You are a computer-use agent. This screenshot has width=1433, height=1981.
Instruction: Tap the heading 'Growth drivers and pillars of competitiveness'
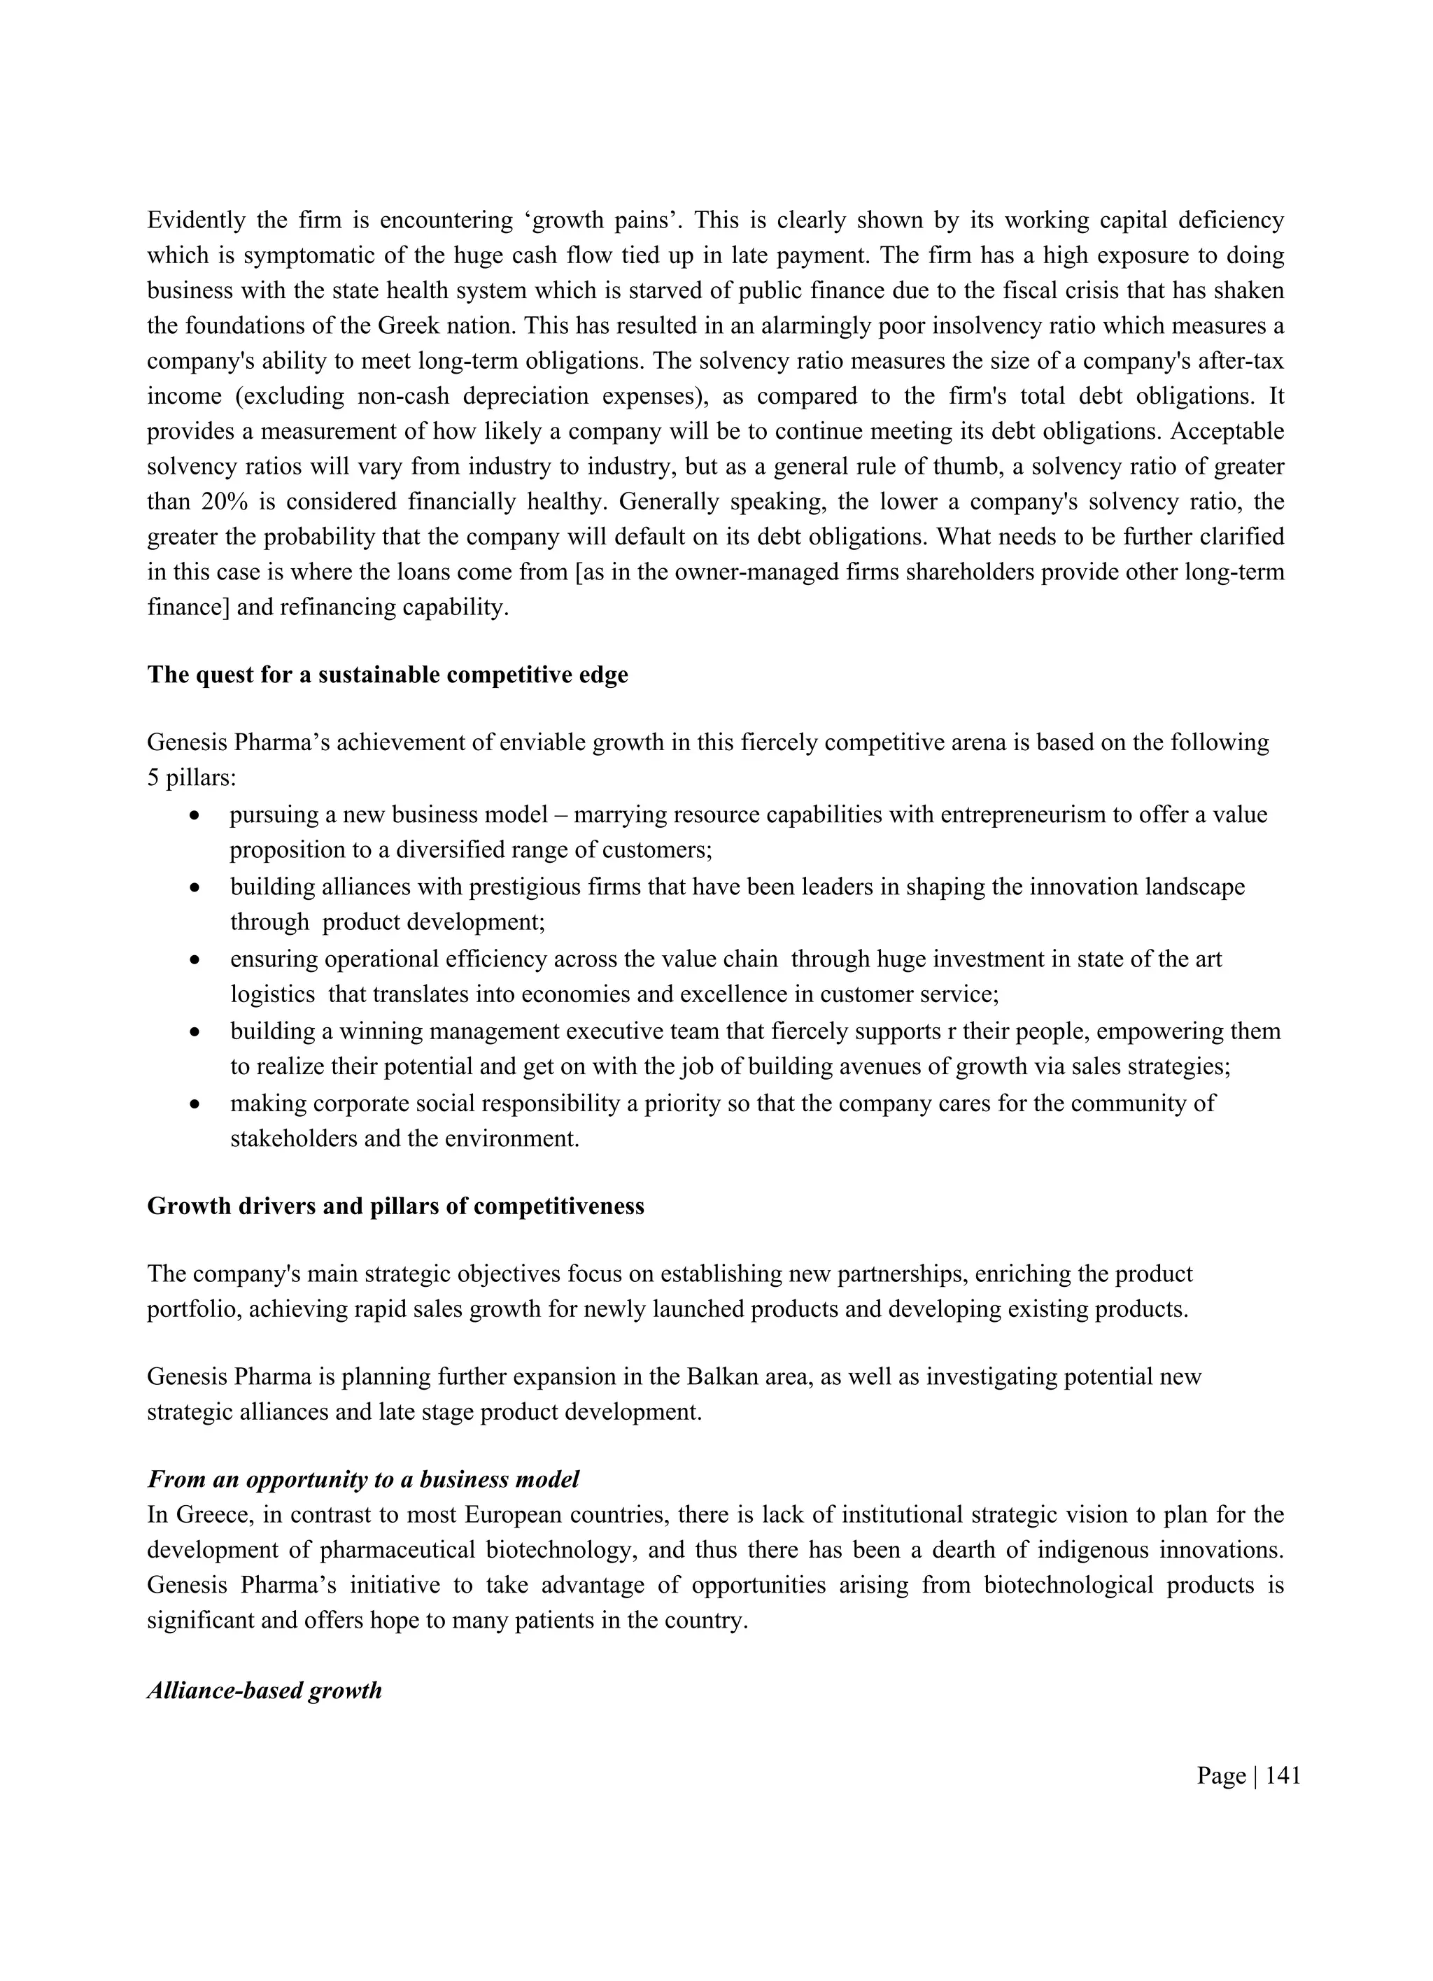pos(395,1206)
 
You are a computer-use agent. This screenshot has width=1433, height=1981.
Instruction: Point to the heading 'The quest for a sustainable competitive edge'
pos(388,675)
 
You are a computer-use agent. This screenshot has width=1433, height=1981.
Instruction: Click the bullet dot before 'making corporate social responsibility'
pos(196,1104)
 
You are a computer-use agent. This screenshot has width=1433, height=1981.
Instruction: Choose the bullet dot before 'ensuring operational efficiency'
pos(196,960)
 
